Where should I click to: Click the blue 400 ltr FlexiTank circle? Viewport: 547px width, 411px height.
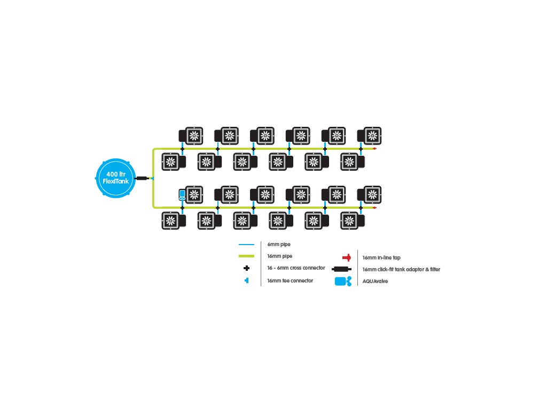click(116, 178)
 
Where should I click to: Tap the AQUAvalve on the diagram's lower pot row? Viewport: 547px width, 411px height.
click(182, 195)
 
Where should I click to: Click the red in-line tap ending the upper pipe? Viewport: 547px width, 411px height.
click(374, 149)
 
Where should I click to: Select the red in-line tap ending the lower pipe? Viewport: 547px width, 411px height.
click(374, 208)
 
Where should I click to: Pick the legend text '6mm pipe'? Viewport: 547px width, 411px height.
click(279, 244)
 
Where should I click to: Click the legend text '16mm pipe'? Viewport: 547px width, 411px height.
click(280, 256)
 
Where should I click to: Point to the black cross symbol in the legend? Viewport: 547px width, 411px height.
click(247, 268)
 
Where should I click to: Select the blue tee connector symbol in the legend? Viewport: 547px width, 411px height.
click(247, 280)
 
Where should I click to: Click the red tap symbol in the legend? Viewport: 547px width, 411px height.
click(347, 257)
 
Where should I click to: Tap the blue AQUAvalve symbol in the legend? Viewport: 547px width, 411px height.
click(343, 281)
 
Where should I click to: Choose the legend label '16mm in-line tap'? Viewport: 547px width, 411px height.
click(381, 257)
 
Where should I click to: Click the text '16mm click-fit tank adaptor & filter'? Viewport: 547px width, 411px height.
click(401, 270)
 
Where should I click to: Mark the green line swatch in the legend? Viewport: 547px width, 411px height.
click(246, 256)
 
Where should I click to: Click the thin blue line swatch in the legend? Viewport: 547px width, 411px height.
click(246, 244)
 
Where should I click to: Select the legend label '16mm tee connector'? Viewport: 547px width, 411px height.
click(290, 280)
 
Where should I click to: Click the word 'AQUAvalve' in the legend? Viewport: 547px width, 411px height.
click(375, 281)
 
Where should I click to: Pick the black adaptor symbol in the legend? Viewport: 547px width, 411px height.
click(341, 269)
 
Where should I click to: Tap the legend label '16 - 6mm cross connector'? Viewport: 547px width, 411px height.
click(296, 268)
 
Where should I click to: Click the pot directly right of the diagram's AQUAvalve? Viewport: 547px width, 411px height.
click(194, 195)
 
